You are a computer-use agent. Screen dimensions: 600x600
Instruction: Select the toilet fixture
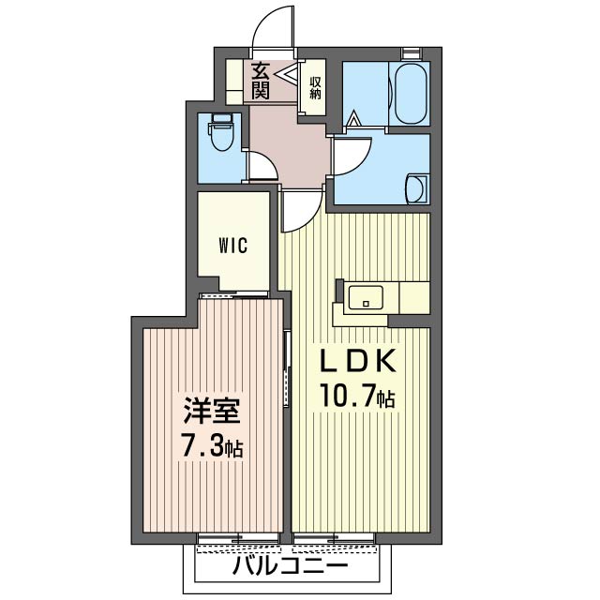click(x=221, y=132)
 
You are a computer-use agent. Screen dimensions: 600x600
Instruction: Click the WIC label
click(x=232, y=246)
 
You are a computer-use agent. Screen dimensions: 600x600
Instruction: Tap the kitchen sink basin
click(x=363, y=298)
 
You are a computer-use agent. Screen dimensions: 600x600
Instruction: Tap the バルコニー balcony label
click(x=291, y=565)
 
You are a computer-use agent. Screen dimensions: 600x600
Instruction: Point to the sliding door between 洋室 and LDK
click(x=288, y=366)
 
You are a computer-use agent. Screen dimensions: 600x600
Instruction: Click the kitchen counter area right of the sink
click(x=412, y=298)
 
